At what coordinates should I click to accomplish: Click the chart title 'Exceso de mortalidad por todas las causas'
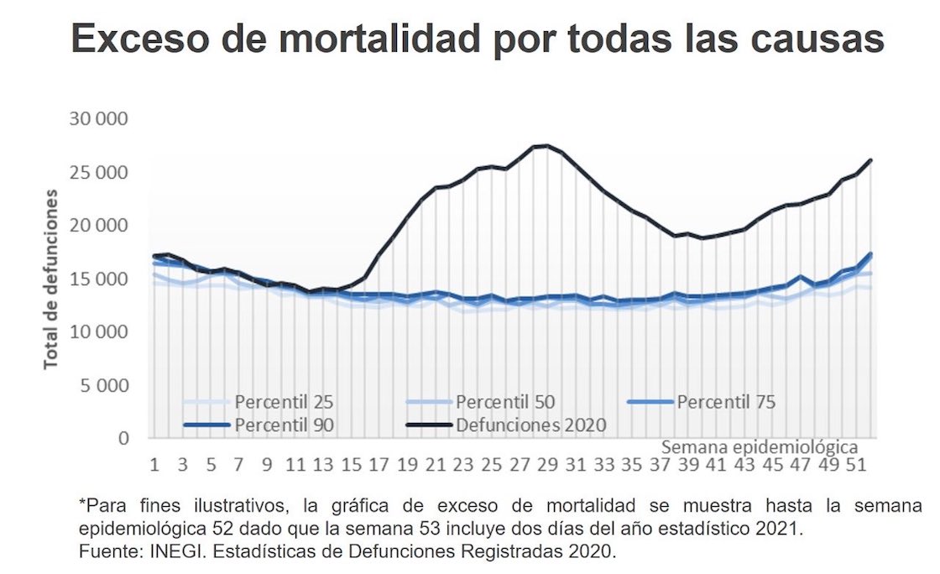click(x=477, y=40)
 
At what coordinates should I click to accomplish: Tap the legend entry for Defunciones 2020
click(x=530, y=425)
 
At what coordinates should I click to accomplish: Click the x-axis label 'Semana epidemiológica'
click(x=760, y=445)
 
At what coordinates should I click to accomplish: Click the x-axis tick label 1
click(x=154, y=464)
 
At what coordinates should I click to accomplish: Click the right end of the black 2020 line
click(x=871, y=159)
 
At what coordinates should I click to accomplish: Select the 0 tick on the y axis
click(x=123, y=438)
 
